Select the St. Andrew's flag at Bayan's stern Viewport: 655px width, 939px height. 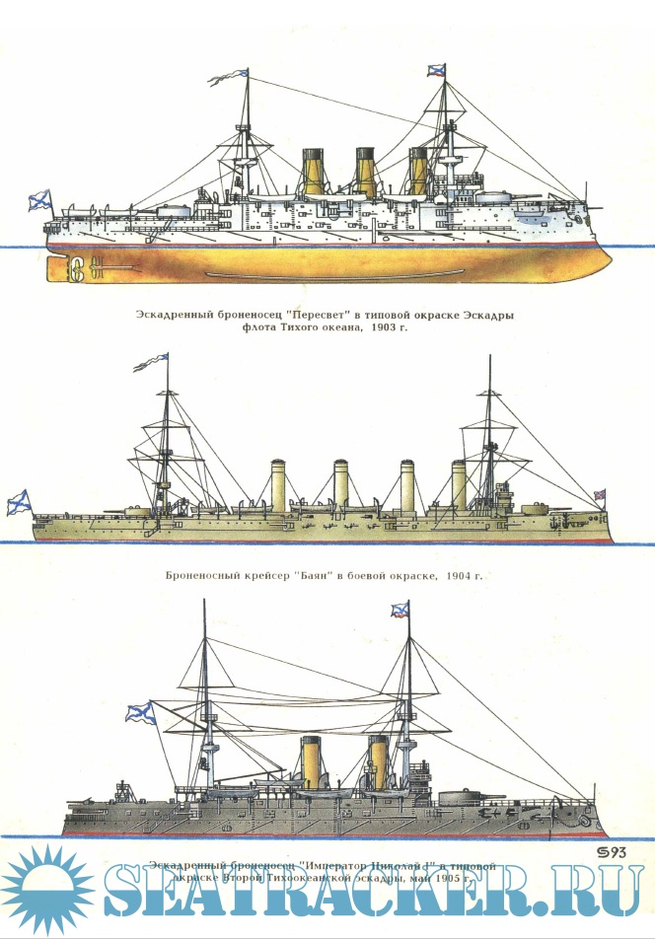click(x=20, y=503)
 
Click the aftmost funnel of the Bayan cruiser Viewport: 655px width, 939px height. click(x=279, y=484)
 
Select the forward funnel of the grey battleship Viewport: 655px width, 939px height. click(x=378, y=759)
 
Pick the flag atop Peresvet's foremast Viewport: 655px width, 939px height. click(x=437, y=69)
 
